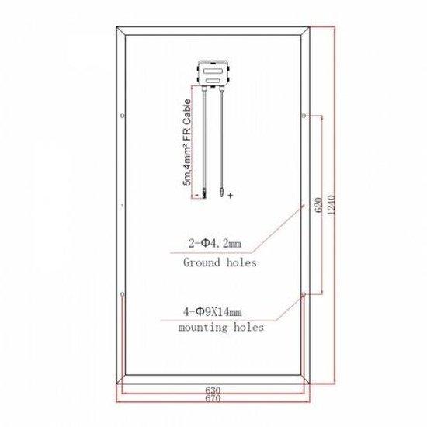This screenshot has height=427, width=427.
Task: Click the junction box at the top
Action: pyautogui.click(x=213, y=73)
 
